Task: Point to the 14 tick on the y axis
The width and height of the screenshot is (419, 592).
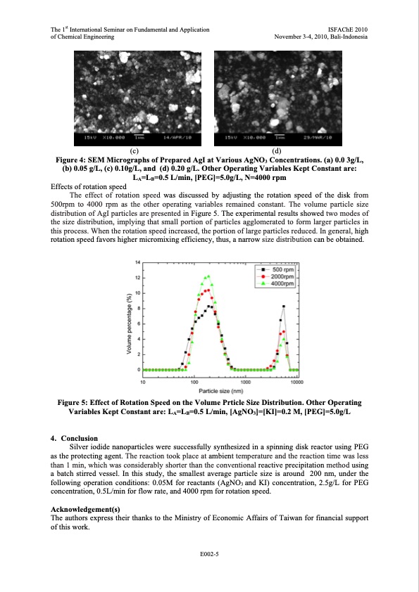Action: click(138, 262)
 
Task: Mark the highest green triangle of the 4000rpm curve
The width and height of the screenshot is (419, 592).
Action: click(208, 276)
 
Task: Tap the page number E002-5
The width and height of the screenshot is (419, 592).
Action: click(209, 555)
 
